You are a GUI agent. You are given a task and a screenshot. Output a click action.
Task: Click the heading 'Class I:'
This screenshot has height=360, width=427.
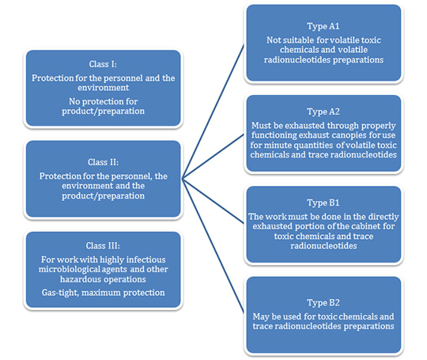click(x=103, y=64)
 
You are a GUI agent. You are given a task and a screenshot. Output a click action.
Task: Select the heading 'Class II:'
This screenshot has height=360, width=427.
click(x=104, y=162)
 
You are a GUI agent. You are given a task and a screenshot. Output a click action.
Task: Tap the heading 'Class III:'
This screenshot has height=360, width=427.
click(x=103, y=245)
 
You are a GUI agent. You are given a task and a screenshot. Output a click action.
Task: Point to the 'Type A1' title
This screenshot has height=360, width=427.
click(x=323, y=26)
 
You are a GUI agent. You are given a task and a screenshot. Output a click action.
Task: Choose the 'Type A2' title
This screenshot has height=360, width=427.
click(x=323, y=112)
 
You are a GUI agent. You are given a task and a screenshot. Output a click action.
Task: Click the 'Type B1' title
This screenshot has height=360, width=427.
click(x=323, y=203)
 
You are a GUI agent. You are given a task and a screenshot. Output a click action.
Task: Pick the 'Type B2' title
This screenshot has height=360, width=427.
click(x=323, y=303)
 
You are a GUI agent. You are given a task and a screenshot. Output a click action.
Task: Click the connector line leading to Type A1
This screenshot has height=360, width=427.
click(x=213, y=112)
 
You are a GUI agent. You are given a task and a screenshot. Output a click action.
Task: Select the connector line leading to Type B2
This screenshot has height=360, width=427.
click(x=213, y=246)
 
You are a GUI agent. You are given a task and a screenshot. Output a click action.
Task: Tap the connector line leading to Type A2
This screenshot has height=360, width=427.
click(x=213, y=157)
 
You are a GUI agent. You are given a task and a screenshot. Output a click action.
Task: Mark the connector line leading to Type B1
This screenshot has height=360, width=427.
click(x=213, y=201)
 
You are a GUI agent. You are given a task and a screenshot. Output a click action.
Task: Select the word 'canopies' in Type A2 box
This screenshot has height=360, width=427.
click(x=350, y=135)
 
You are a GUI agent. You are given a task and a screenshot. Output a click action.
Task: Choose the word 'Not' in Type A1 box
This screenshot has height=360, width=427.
click(x=273, y=40)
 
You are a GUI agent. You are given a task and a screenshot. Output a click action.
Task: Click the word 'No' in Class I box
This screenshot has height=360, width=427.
click(x=74, y=101)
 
